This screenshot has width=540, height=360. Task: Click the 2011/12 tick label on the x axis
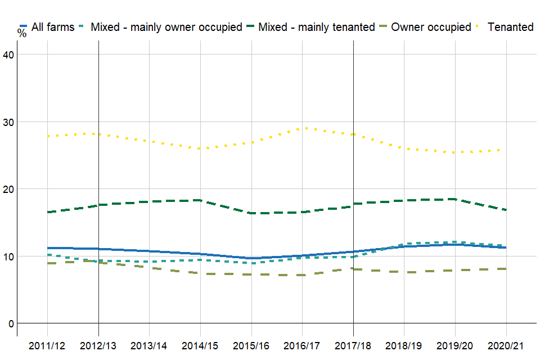(47, 345)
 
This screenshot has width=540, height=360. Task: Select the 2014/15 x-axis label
(201, 345)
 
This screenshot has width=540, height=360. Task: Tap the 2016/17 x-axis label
(303, 345)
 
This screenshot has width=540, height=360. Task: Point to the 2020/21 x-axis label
(507, 345)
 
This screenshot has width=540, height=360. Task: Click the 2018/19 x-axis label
(404, 345)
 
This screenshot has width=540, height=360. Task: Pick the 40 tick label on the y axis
(10, 54)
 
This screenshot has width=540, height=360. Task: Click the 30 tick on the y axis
(10, 121)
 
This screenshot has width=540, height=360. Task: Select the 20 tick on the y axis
(10, 189)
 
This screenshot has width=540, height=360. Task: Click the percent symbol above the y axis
(22, 33)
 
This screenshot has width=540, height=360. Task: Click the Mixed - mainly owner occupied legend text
(166, 27)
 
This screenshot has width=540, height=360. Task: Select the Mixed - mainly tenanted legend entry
(316, 27)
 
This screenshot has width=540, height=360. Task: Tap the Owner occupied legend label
(431, 27)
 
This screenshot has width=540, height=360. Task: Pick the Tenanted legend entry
(511, 27)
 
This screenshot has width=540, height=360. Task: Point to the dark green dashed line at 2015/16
(251, 213)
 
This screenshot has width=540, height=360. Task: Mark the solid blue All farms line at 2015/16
(251, 258)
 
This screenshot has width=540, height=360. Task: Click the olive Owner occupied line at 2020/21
(507, 269)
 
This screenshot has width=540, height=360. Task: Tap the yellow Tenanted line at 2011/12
(48, 136)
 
